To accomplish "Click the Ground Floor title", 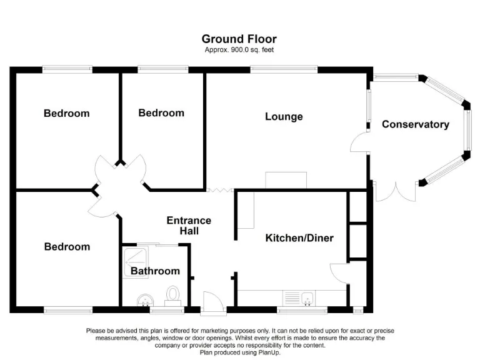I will pos(239,39).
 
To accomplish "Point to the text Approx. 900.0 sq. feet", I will pos(239,49).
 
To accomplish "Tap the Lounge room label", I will pos(284,117).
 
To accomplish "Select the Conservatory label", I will pos(415,124).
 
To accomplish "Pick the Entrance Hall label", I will pos(188,226).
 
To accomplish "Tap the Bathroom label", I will pos(155,271).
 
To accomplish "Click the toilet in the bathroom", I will pos(173,293).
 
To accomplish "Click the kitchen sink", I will pos(306,297).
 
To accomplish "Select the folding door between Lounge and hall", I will pos(221,189).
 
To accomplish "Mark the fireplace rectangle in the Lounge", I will pos(286,180).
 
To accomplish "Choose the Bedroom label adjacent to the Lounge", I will pos(161,113).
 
